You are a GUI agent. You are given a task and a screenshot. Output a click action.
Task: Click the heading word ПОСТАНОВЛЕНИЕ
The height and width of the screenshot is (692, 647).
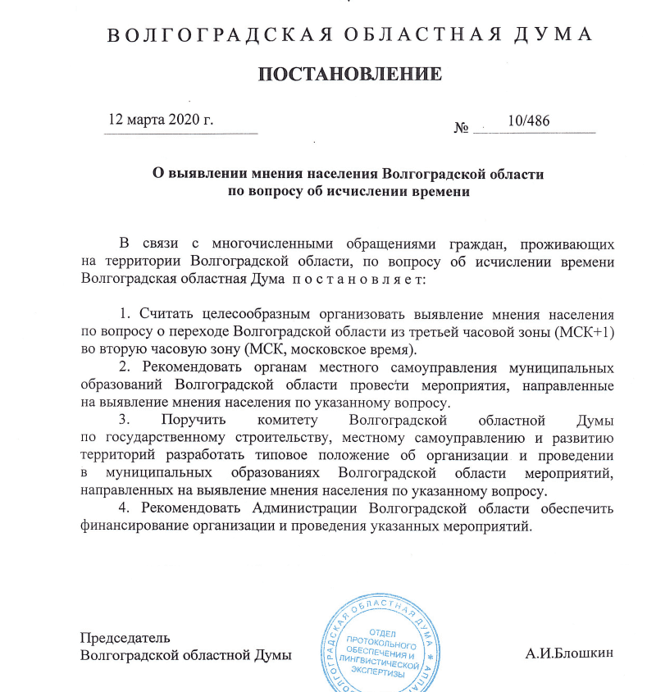click(350, 75)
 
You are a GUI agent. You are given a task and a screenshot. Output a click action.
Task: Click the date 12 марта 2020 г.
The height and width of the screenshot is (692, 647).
click(161, 121)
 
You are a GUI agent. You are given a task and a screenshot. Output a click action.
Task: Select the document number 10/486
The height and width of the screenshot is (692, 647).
click(529, 121)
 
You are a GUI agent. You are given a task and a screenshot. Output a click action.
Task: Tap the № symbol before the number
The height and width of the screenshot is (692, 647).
click(461, 128)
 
